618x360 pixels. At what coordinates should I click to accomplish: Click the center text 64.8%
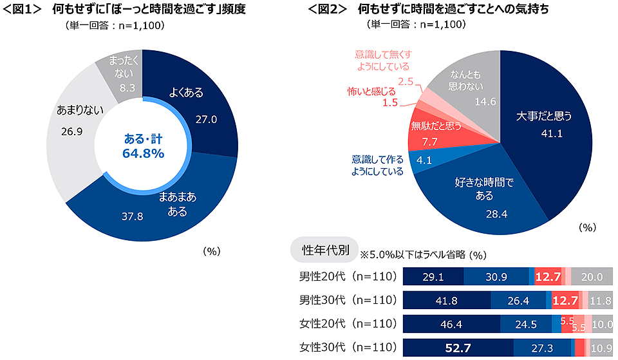[x=143, y=153]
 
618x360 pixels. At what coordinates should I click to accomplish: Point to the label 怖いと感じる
[x=373, y=92]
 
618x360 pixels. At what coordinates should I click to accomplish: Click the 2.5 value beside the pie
[x=406, y=81]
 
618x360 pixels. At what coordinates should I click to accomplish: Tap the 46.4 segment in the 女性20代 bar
[x=451, y=324]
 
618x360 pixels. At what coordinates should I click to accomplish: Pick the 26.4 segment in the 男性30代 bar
[x=518, y=301]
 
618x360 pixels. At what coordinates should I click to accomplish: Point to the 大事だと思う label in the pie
[x=544, y=116]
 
